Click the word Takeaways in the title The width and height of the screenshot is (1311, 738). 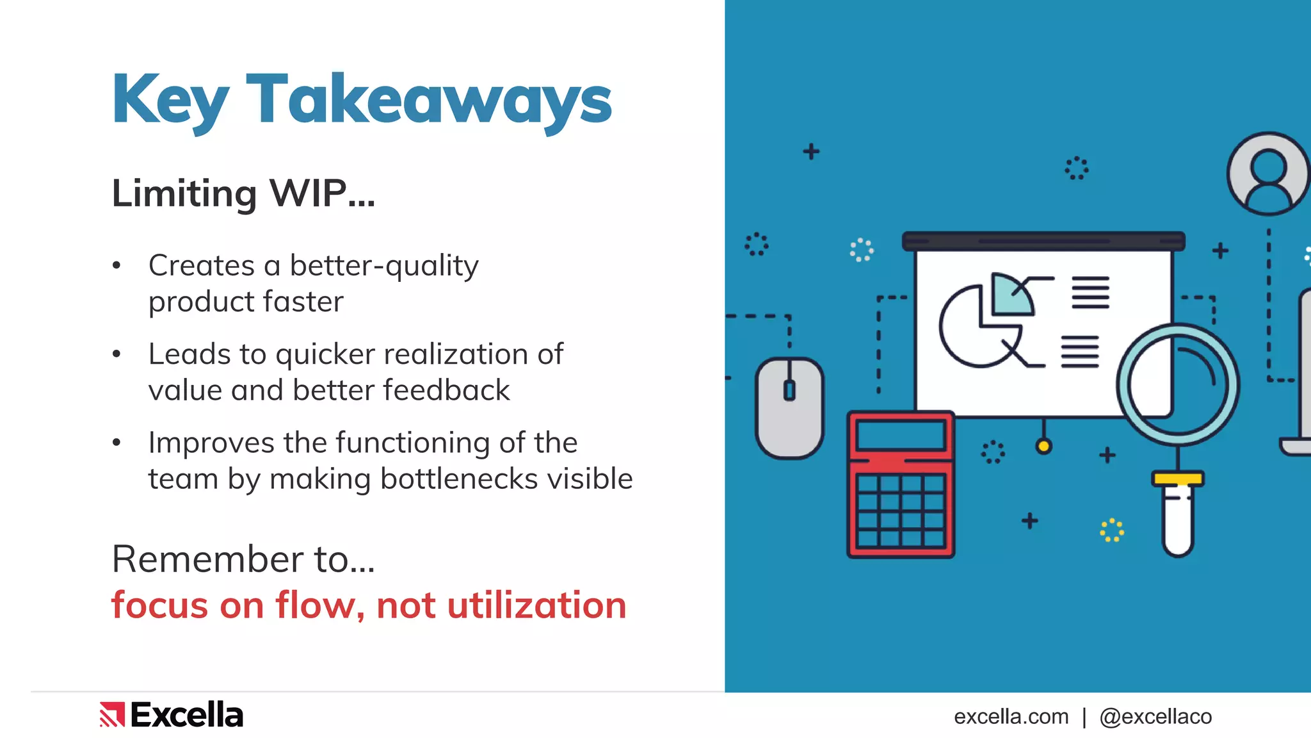[429, 99]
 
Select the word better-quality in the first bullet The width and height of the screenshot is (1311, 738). [383, 266]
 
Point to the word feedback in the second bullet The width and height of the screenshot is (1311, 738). [446, 390]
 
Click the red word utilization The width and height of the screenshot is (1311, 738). [536, 605]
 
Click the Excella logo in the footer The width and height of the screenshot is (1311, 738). [172, 715]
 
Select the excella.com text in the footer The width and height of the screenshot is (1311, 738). [1011, 716]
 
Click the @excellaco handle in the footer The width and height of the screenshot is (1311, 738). [1155, 716]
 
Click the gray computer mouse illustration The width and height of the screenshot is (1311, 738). [789, 407]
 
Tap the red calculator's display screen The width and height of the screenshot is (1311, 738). [901, 435]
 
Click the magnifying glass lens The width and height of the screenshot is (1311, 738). [1177, 384]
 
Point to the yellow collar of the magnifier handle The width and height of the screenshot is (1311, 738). [1177, 479]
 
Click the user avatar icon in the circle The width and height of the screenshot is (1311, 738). [1268, 174]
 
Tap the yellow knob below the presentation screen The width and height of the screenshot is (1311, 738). [1043, 446]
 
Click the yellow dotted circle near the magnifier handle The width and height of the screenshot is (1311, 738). [1112, 530]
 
